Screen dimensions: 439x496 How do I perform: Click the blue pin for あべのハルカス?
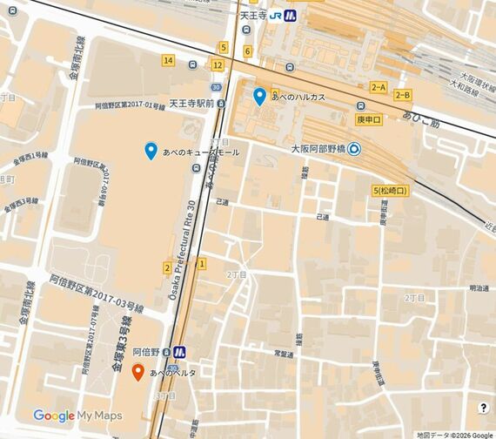pyautogui.click(x=259, y=96)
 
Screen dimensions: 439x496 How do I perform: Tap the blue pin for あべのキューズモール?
pyautogui.click(x=151, y=151)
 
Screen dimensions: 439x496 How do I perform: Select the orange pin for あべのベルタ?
pyautogui.click(x=137, y=373)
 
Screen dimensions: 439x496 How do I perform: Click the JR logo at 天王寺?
pyautogui.click(x=275, y=15)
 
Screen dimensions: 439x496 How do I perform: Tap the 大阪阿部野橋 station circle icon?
pyautogui.click(x=355, y=149)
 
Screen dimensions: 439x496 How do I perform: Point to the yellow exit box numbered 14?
pyautogui.click(x=168, y=61)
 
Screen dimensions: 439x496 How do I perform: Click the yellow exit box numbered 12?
pyautogui.click(x=217, y=65)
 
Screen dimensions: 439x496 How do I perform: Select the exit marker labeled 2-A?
pyautogui.click(x=378, y=87)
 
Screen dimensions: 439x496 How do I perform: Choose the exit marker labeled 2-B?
pyautogui.click(x=403, y=95)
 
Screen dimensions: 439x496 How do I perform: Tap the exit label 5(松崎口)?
pyautogui.click(x=390, y=190)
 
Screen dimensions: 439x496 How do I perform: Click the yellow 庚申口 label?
pyautogui.click(x=369, y=118)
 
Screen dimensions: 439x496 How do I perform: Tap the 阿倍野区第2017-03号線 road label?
pyautogui.click(x=96, y=294)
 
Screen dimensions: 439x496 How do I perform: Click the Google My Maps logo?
pyautogui.click(x=77, y=415)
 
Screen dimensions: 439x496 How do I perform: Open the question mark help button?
pyautogui.click(x=483, y=408)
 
